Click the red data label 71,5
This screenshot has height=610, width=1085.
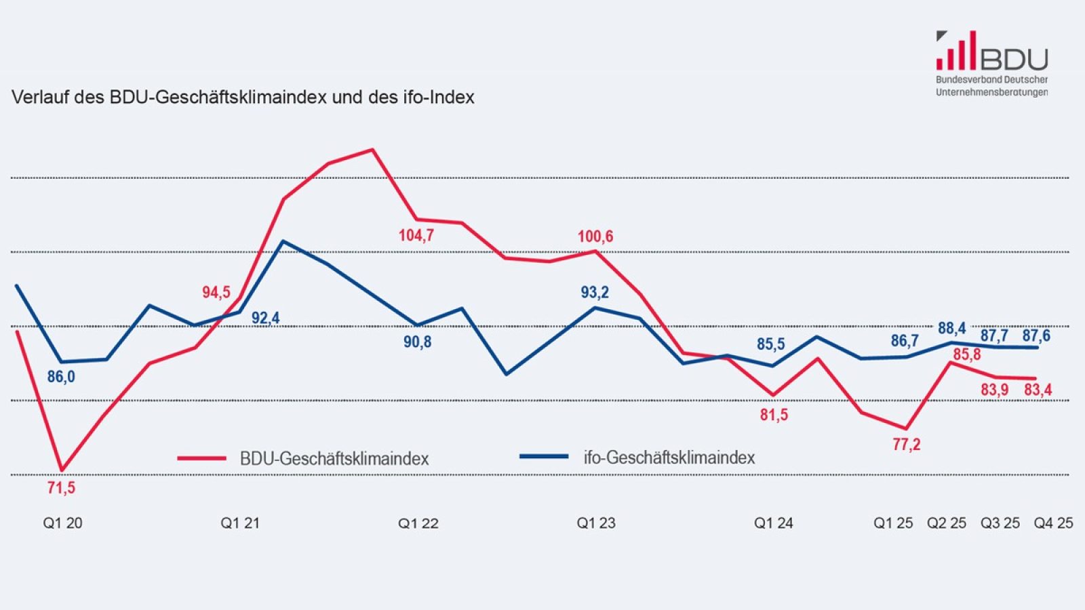pos(61,487)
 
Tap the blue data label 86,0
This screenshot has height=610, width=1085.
pos(61,377)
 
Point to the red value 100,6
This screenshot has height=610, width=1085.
pos(595,237)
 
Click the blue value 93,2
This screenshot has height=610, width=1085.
pos(595,292)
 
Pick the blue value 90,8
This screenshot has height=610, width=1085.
pos(417,342)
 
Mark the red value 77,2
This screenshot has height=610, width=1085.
pos(907,445)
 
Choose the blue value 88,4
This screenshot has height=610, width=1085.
pos(952,329)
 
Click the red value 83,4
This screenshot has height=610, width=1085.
pos(1038,390)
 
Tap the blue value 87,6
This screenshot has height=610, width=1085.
pos(1036,335)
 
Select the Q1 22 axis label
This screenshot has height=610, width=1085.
pos(418,523)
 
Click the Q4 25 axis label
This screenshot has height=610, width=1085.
pos(1052,523)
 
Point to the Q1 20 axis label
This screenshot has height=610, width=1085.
pos(62,523)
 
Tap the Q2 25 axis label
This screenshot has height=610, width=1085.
pos(947,523)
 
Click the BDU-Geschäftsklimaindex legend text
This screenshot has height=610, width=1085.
pos(334,459)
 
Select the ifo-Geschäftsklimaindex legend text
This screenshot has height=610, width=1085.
pos(669,457)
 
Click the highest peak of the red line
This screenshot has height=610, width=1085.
pos(372,150)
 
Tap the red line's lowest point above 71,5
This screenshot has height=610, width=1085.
pos(62,470)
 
